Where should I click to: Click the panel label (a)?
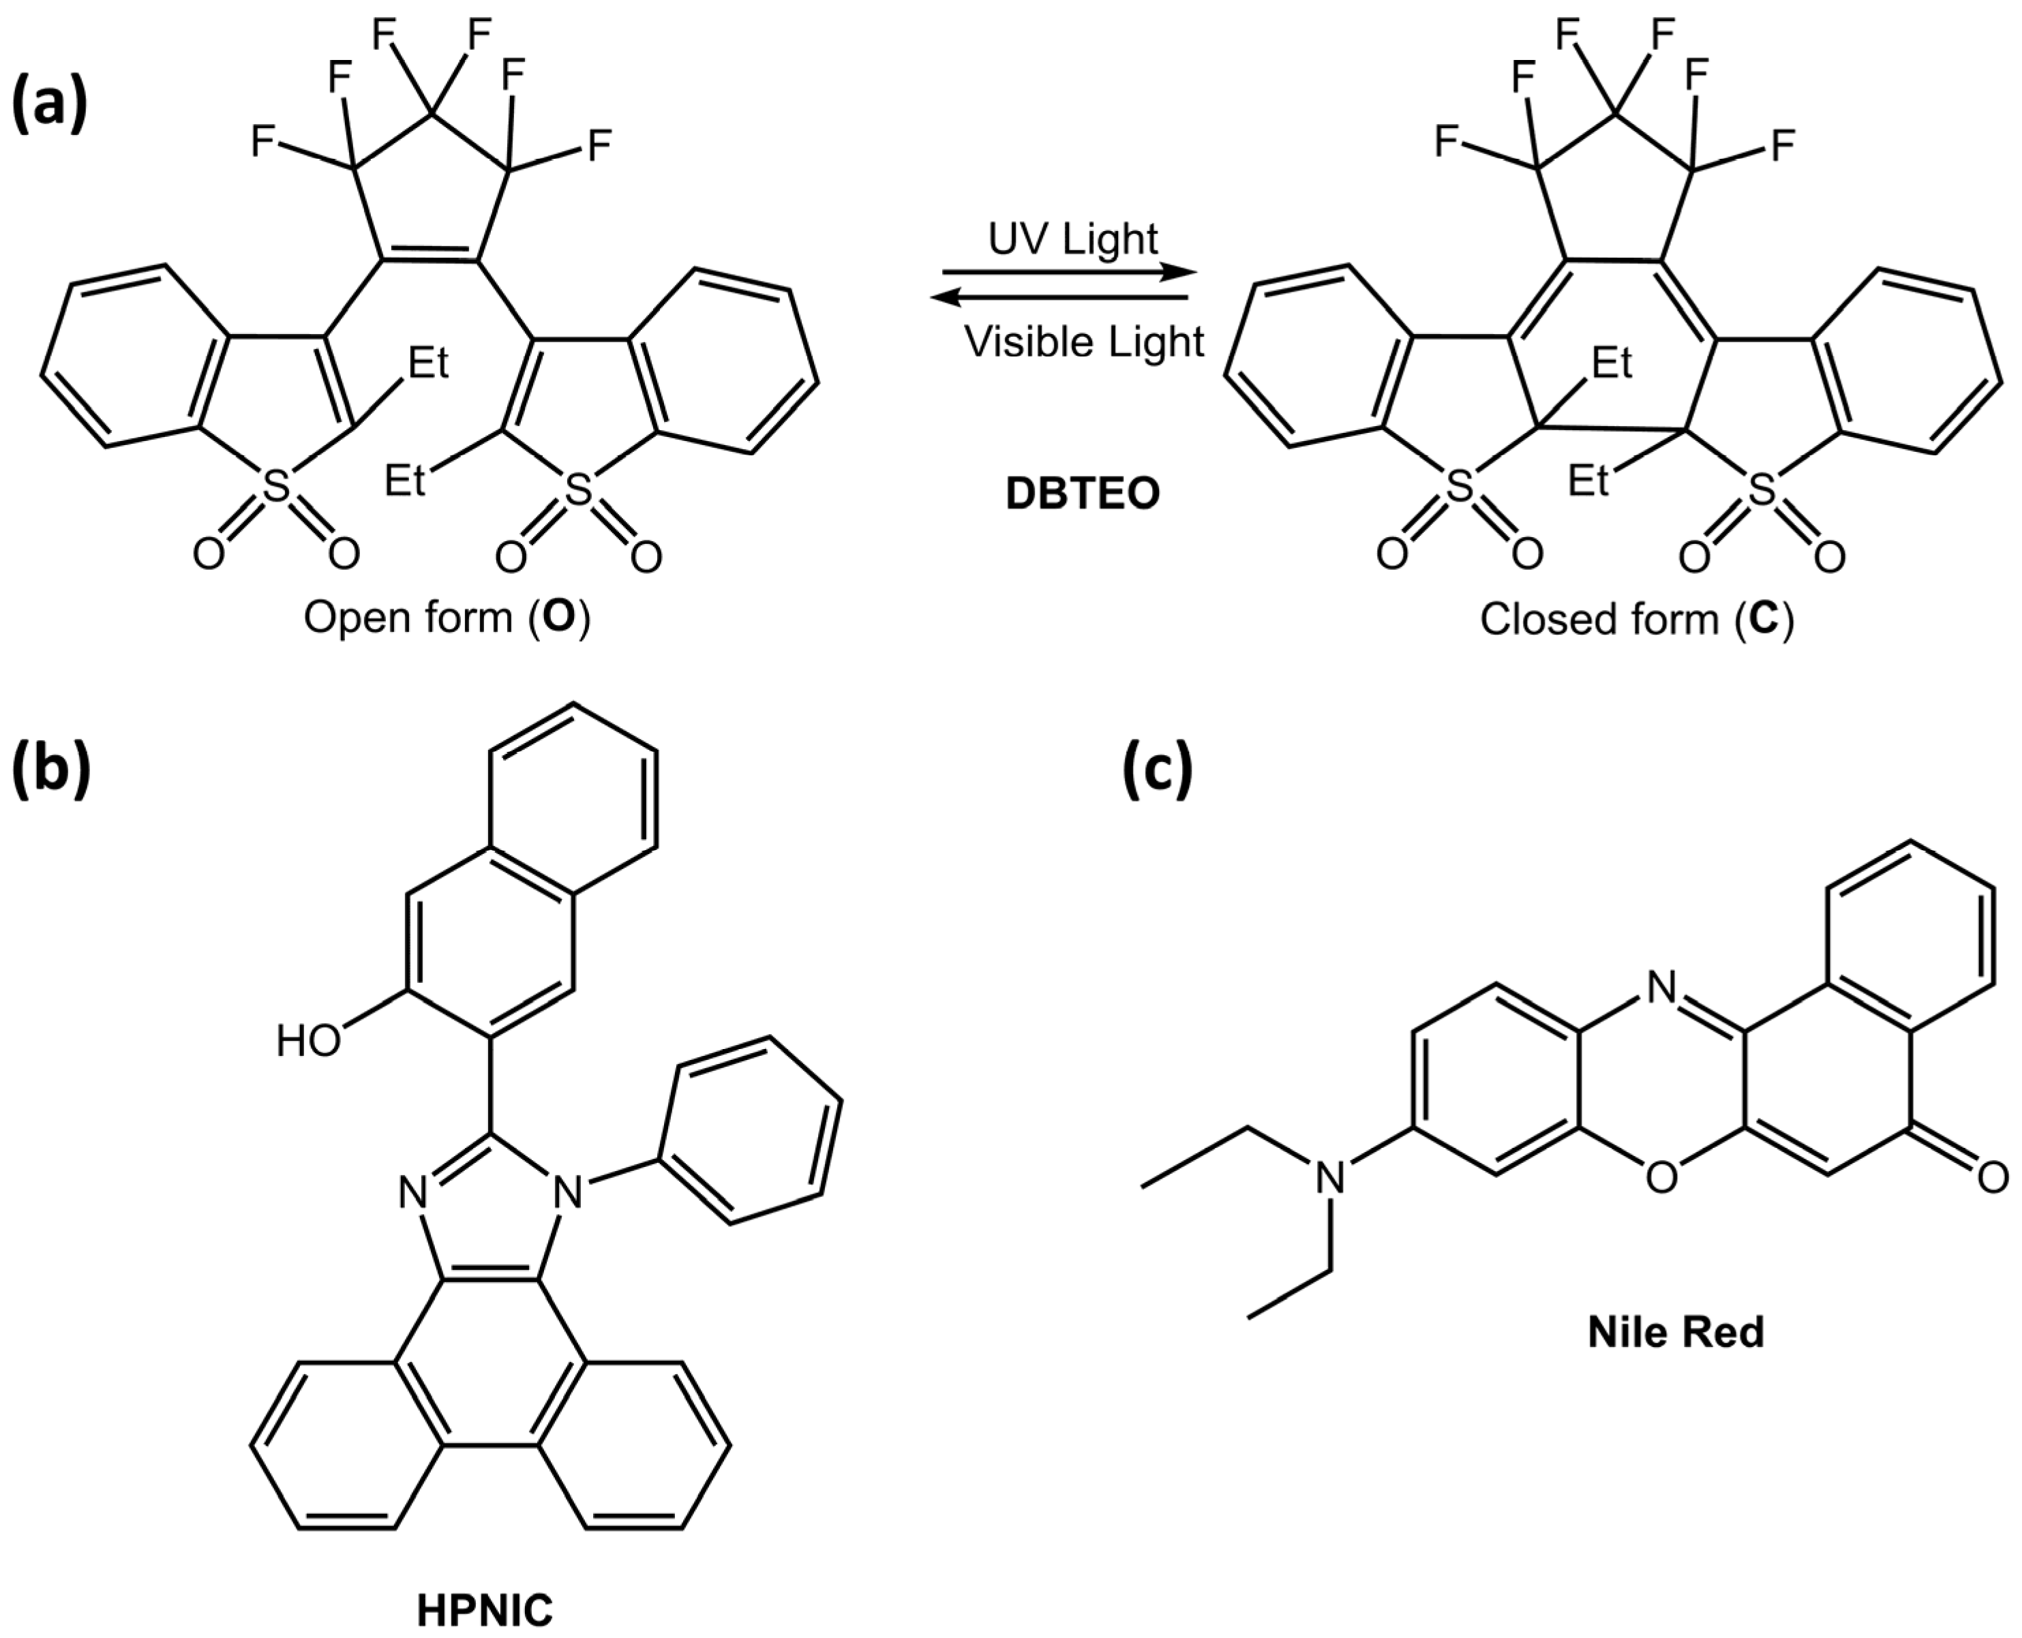tap(49, 104)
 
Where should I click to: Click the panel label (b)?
tap(49, 769)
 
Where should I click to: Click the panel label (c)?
tap(1157, 769)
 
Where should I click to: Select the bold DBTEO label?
tap(1082, 494)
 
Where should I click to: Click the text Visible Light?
tap(1084, 342)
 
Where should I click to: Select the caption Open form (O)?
tap(447, 618)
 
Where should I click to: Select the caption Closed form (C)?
tap(1636, 620)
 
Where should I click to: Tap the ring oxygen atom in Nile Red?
tap(1661, 1177)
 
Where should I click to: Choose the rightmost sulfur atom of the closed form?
tap(1761, 489)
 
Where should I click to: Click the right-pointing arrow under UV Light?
tap(1069, 273)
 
